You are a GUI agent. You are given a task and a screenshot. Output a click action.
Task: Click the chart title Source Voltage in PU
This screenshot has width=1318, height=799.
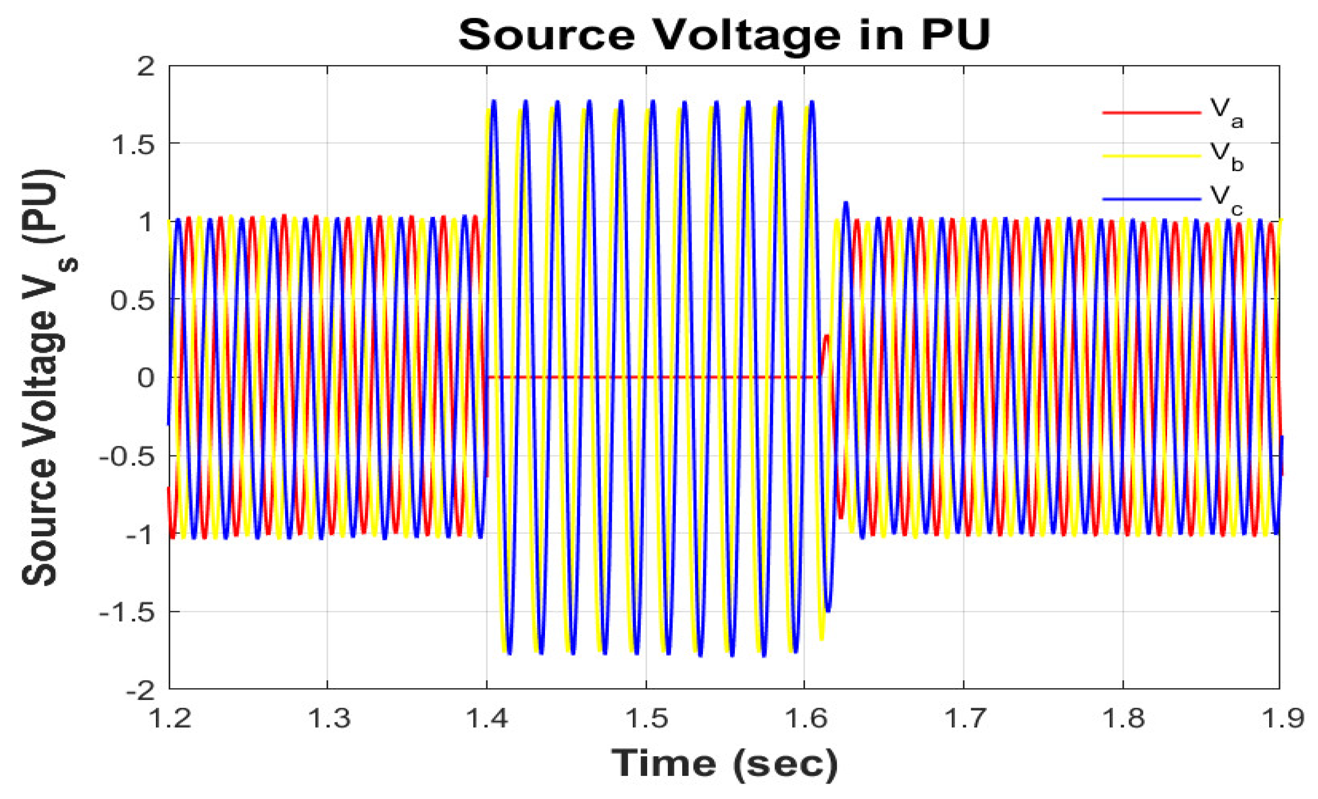point(724,36)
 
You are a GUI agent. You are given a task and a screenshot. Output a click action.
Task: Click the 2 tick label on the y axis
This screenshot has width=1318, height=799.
point(145,68)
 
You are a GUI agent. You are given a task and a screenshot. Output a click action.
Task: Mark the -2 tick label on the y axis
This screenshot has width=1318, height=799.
point(140,691)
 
